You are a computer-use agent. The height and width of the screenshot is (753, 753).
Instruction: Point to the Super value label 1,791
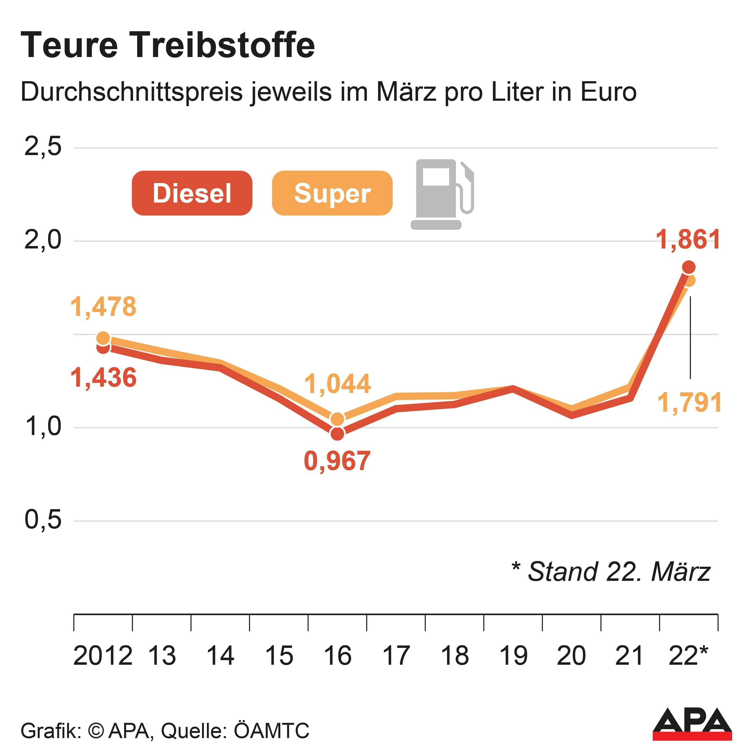[689, 403]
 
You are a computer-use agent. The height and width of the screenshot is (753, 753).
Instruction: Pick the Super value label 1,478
[103, 307]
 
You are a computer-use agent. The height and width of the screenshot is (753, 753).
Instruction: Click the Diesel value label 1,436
[103, 378]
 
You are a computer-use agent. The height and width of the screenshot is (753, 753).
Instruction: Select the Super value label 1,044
[338, 384]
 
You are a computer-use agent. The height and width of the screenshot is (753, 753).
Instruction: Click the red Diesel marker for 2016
[337, 434]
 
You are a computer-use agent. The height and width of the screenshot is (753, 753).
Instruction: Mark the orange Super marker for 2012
[103, 338]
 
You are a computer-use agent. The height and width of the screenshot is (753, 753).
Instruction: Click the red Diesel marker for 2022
[689, 267]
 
